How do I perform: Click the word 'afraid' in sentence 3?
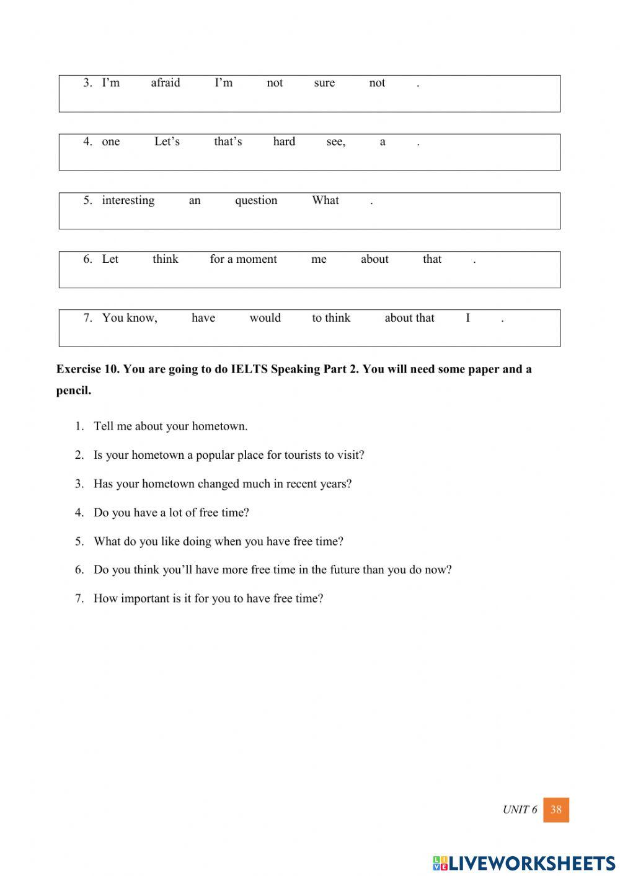166,83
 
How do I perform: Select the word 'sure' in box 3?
324,83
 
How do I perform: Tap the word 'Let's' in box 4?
167,142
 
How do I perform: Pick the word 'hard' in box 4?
284,142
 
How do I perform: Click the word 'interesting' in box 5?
128,200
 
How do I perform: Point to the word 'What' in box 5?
325,200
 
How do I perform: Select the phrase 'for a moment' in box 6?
243,259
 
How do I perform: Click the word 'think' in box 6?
166,259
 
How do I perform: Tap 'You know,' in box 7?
130,318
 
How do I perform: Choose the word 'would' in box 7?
265,318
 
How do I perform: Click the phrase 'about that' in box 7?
409,318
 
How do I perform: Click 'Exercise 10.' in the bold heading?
87,369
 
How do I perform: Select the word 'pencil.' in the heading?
74,391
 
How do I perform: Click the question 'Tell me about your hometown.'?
170,427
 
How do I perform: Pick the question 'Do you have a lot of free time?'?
171,513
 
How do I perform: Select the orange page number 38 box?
556,810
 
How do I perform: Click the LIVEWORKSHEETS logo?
524,863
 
